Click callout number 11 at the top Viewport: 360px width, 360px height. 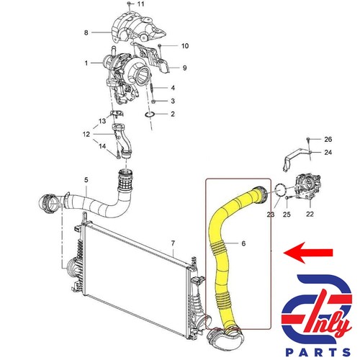(140, 5)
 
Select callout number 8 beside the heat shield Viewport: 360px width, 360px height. (86, 32)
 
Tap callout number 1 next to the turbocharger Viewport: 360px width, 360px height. (86, 63)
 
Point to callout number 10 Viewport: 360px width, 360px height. (184, 46)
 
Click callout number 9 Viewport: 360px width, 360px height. (184, 68)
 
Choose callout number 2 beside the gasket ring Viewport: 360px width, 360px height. (174, 114)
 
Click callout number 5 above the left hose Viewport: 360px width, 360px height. (86, 179)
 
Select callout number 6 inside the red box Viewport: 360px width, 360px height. (243, 244)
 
